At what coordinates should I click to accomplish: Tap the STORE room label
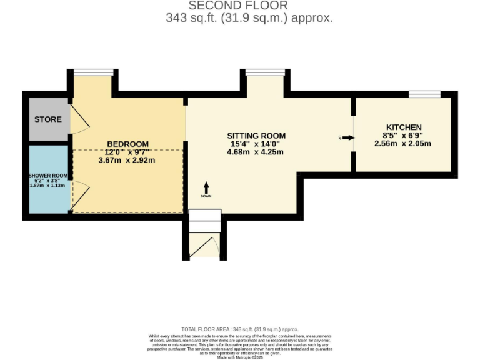[48, 119]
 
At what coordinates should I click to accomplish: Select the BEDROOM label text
[127, 144]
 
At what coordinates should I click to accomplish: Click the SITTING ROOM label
[256, 136]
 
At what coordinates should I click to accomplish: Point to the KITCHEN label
[403, 127]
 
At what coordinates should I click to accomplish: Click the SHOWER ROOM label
[48, 176]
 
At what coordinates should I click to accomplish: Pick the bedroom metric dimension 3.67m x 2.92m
[127, 161]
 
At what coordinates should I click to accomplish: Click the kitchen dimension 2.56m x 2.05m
[403, 144]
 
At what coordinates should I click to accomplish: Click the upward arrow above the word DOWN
[206, 187]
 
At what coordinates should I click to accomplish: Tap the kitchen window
[425, 94]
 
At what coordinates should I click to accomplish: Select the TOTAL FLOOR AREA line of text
[240, 329]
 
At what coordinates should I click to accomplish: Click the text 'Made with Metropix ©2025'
[240, 357]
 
